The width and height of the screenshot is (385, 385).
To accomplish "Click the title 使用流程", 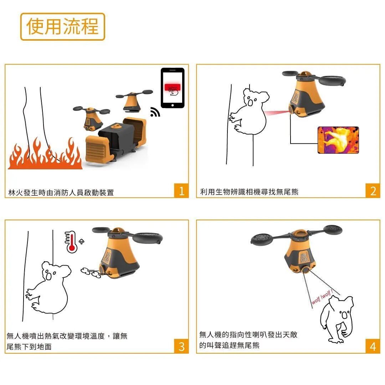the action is click(x=63, y=26).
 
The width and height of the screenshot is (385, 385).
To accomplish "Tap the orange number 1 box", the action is click(x=181, y=190).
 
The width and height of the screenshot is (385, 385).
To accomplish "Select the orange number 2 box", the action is click(x=373, y=190).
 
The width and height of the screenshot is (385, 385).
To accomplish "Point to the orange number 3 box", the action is click(x=181, y=346).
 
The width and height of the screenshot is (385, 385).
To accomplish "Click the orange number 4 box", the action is click(x=373, y=346).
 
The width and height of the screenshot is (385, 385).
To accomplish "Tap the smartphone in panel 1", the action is click(x=173, y=88).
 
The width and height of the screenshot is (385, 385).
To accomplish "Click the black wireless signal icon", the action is click(x=155, y=112).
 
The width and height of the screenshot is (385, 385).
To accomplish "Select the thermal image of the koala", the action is click(x=338, y=140).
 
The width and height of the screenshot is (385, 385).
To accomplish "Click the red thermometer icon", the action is click(x=71, y=242).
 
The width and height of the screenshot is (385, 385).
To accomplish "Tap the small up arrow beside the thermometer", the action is click(x=82, y=242).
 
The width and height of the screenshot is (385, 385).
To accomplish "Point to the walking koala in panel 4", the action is click(x=337, y=319).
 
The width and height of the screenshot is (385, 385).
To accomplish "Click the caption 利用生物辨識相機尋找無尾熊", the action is click(x=249, y=192).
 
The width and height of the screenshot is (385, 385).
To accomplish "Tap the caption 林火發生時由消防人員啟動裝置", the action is click(x=61, y=192).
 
